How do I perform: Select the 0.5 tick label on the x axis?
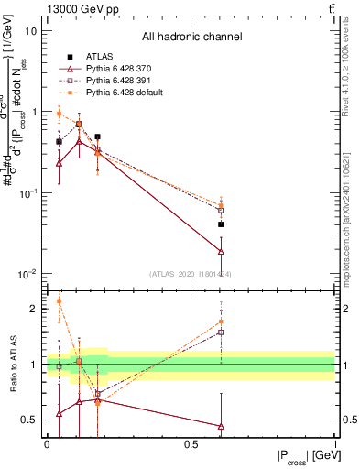coord(191,443)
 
